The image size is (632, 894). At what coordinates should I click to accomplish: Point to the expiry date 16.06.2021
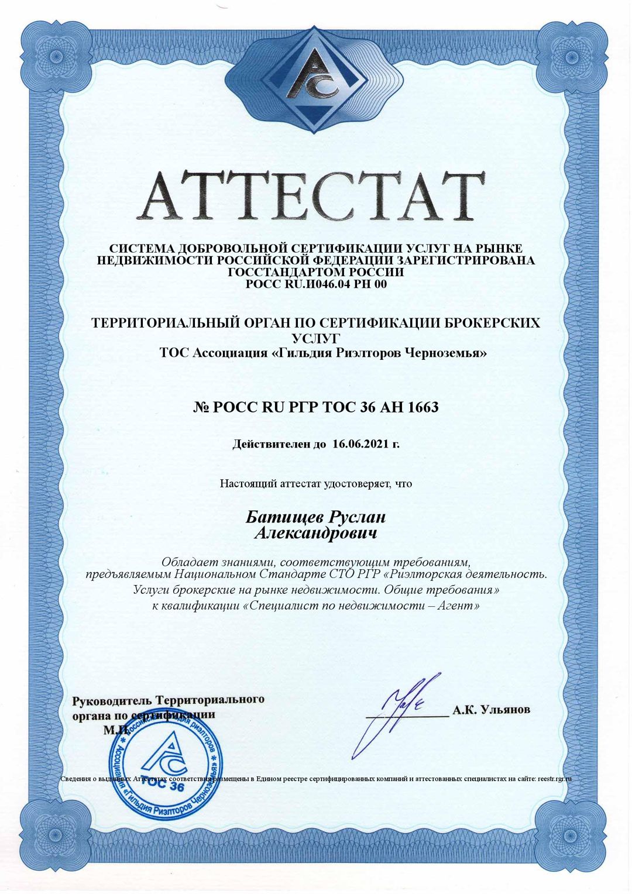360,443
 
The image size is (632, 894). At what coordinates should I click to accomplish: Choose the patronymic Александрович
316,533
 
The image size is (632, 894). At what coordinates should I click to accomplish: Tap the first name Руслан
357,517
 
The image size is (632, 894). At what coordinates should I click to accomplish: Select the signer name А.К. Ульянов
491,710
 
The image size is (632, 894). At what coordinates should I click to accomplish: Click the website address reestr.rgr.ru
553,779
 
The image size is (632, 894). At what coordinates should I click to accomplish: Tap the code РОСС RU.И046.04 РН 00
316,284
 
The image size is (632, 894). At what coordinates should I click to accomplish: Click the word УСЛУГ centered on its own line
315,338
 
